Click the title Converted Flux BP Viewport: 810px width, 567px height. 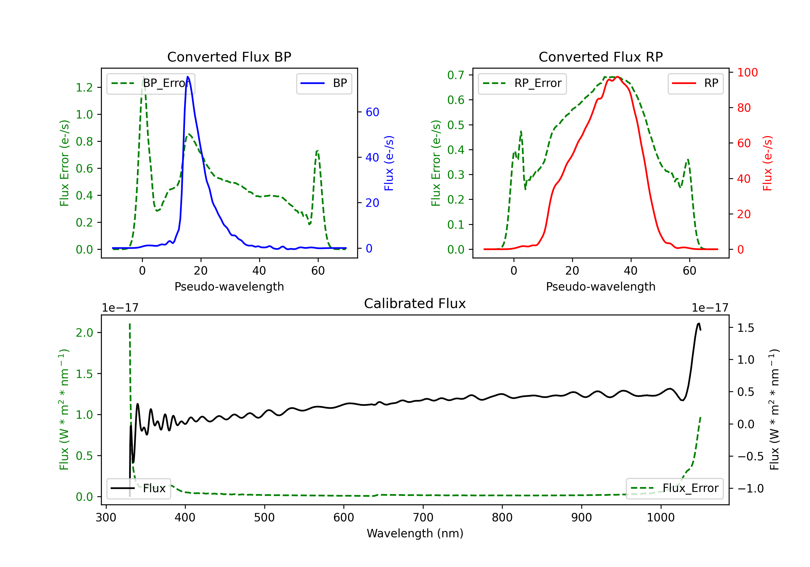coord(229,57)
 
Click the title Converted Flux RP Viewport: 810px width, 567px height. coord(600,57)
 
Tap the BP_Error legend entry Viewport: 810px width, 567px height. coord(151,83)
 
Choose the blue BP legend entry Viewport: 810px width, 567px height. coord(324,83)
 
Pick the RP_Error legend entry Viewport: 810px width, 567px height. coord(522,83)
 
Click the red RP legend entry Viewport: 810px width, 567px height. coord(695,83)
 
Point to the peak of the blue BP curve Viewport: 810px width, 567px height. coord(188,77)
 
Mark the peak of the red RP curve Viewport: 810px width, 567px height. coord(617,77)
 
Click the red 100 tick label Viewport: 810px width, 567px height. coord(747,72)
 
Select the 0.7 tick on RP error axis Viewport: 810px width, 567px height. coord(455,75)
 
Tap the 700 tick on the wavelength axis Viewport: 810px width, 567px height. coord(423,517)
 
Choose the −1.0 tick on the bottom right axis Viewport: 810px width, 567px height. coord(750,488)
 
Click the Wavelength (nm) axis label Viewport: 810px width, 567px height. coord(415,533)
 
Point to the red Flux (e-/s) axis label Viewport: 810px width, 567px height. coord(767,163)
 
